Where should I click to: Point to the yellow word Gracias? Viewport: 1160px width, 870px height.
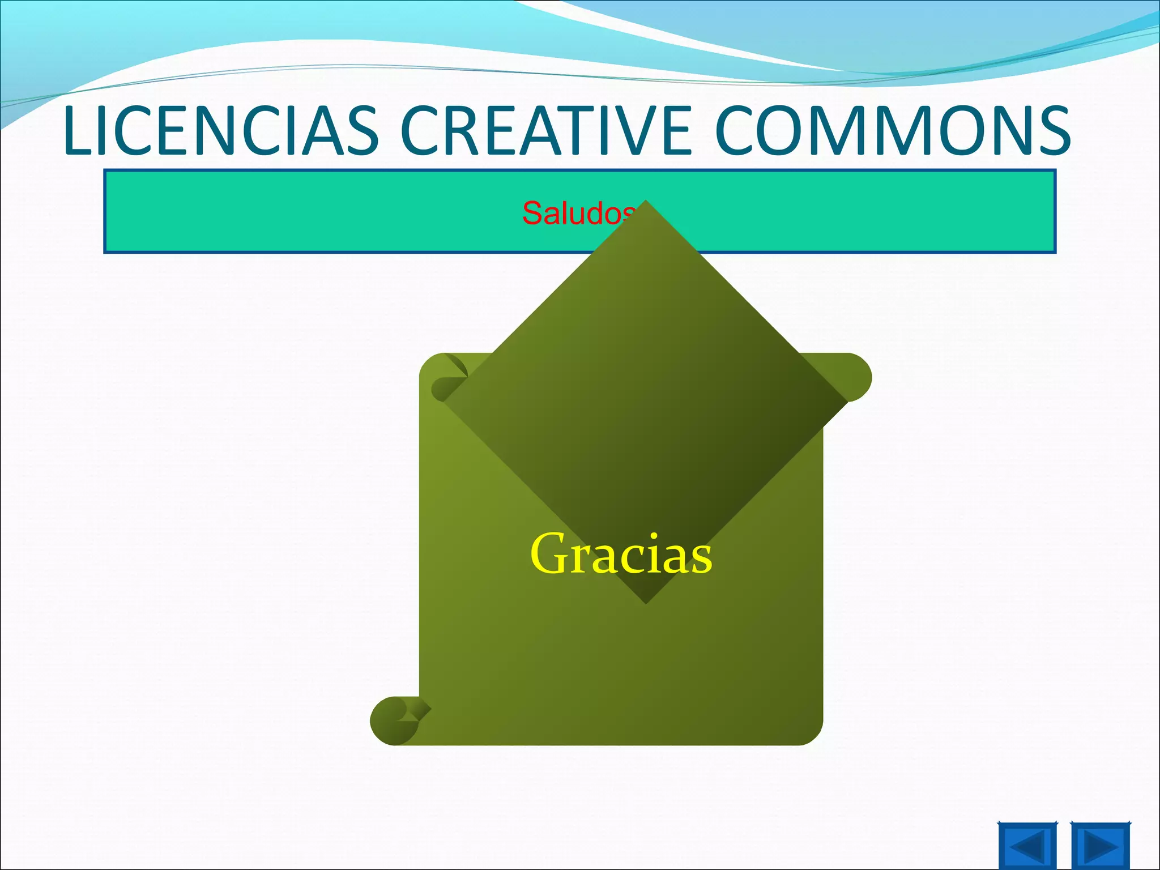click(621, 555)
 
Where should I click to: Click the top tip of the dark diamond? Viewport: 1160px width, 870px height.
click(646, 203)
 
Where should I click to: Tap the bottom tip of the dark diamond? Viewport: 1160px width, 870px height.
click(646, 602)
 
